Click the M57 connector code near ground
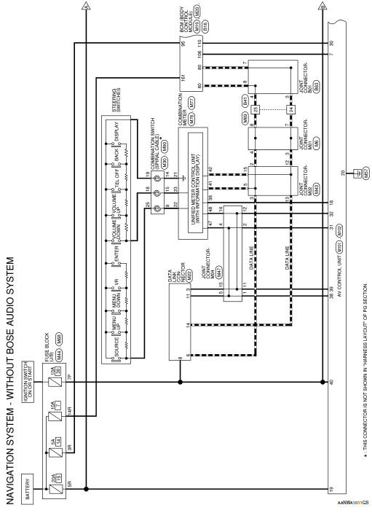pos(356,173)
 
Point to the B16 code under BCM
pos(206,24)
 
